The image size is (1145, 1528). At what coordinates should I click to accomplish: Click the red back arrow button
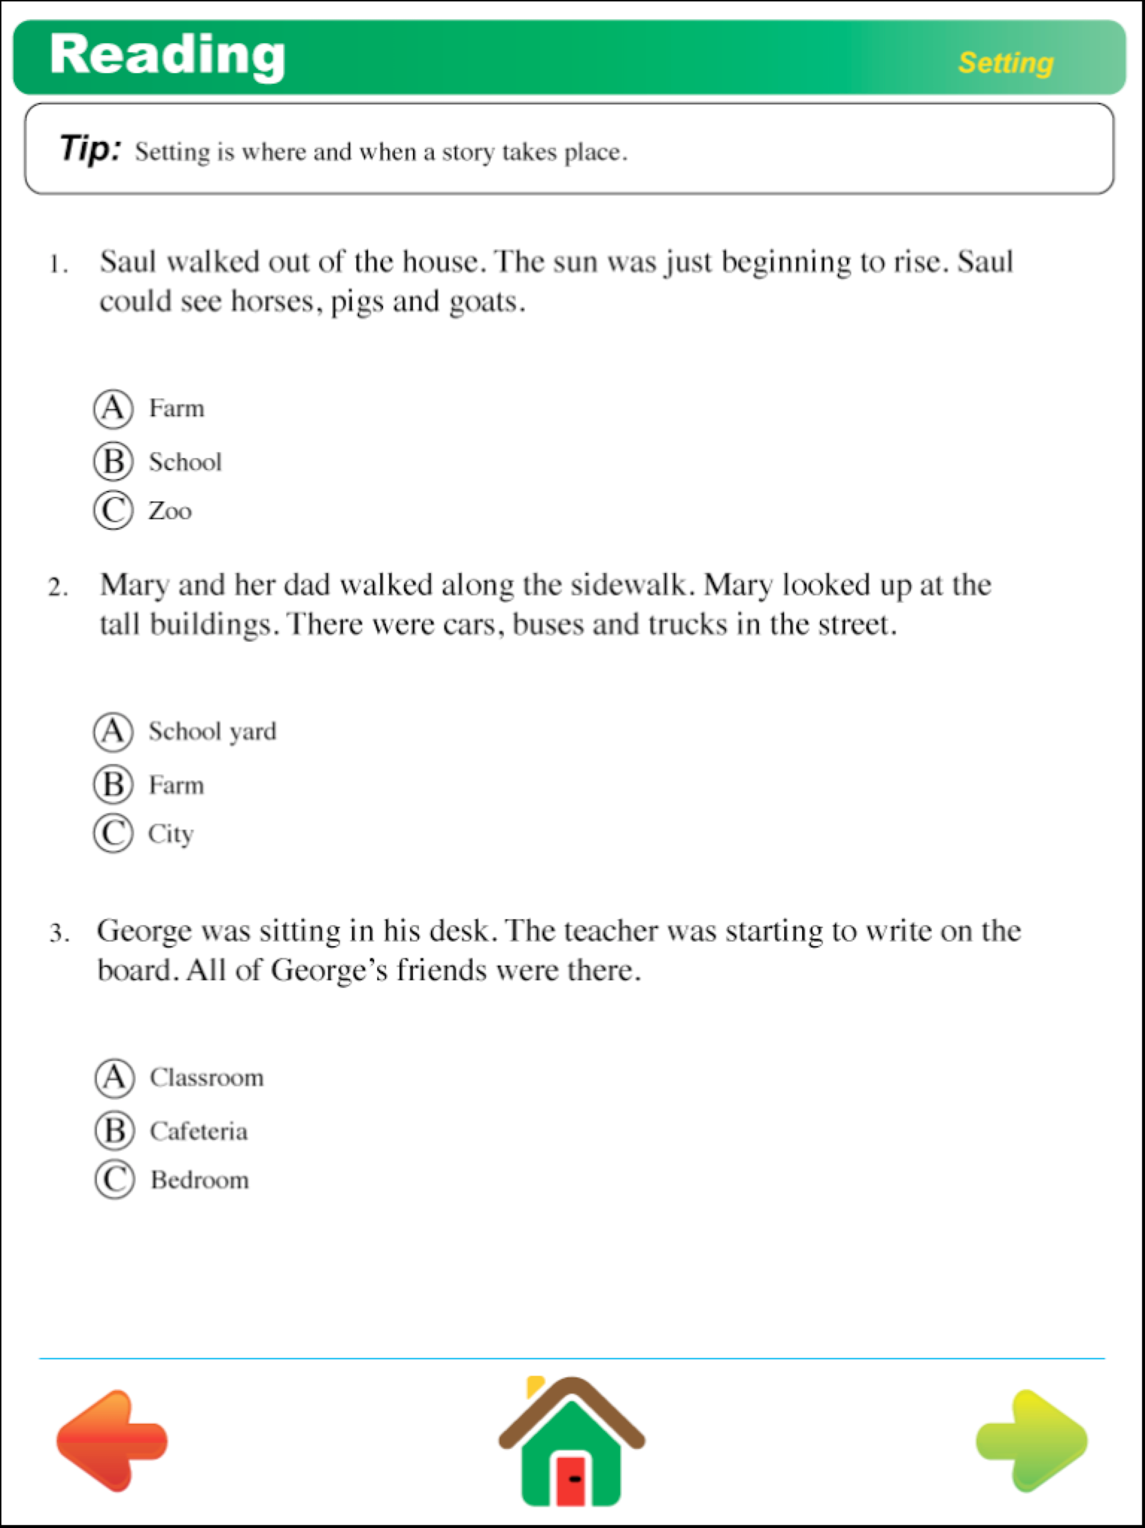pos(111,1440)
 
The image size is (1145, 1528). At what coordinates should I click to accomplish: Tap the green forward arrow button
pos(1033,1440)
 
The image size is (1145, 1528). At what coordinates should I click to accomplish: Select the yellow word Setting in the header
pos(1005,63)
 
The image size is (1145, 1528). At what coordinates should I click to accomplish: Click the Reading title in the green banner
pos(167,55)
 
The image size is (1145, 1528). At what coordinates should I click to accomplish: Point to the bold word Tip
pos(90,149)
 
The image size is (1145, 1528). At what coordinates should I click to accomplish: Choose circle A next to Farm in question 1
pos(113,408)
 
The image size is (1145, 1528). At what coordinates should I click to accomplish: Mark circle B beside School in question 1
pos(113,461)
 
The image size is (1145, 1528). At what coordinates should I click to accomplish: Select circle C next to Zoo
pos(113,511)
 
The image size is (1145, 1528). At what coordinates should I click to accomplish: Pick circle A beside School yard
pos(113,732)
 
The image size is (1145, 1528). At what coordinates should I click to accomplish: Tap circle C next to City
pos(113,834)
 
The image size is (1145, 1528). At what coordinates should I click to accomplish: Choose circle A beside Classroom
pos(115,1078)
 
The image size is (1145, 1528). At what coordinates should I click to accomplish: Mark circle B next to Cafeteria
pos(115,1131)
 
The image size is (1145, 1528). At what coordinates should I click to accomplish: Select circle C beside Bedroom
pos(115,1180)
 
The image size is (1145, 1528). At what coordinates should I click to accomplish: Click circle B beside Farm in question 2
pos(113,785)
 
